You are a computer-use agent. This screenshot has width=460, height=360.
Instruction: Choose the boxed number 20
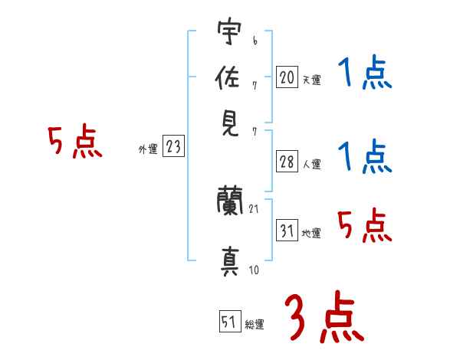(x=287, y=77)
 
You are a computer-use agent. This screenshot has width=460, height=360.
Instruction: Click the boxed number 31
(x=287, y=230)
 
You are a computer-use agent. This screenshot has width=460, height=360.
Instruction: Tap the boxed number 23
(x=173, y=146)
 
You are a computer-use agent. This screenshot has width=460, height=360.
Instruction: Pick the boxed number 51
(x=229, y=322)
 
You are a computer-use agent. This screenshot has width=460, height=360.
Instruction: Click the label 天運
(x=311, y=79)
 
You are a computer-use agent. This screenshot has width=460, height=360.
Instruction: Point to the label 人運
(x=311, y=163)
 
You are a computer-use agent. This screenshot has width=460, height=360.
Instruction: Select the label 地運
(x=311, y=233)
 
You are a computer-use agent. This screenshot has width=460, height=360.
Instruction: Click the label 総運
(x=254, y=325)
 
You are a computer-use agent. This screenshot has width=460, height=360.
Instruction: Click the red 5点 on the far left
(x=75, y=142)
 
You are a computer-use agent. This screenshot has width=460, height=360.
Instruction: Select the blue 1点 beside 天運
(x=365, y=74)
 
